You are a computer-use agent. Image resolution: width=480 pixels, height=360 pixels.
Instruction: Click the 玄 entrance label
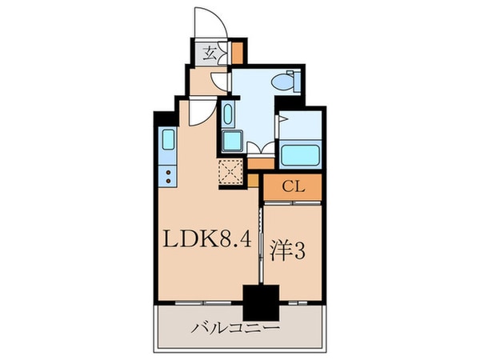click(209, 54)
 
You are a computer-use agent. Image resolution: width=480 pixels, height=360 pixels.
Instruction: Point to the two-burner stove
click(169, 175)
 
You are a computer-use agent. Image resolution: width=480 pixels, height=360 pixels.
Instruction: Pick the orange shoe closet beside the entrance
click(238, 52)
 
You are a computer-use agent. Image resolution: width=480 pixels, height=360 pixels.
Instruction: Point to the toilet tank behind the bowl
click(294, 81)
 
